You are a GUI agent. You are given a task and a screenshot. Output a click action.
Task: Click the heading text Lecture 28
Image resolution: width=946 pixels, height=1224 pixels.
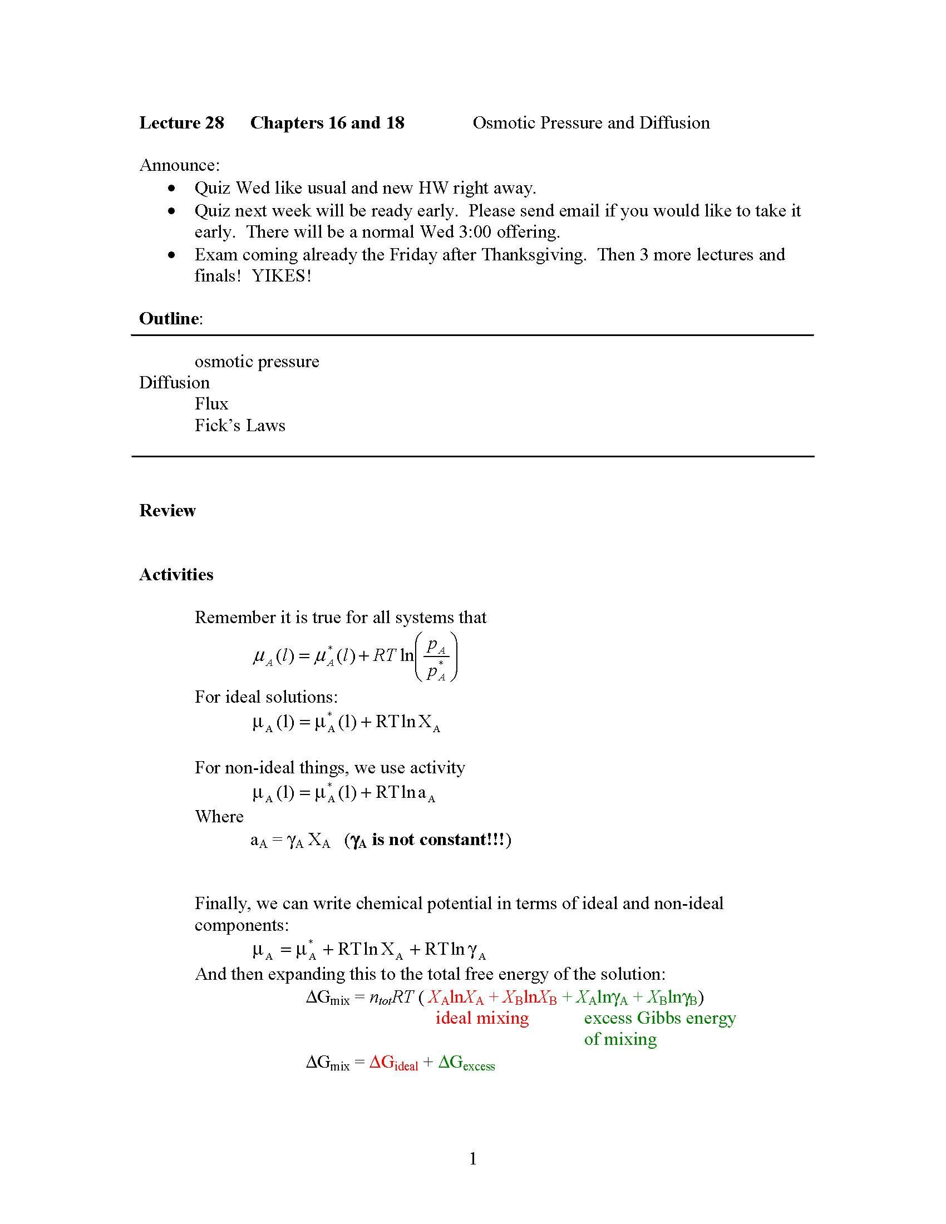click(181, 123)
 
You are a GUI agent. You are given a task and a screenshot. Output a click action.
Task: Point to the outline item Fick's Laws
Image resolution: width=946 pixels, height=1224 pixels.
click(240, 426)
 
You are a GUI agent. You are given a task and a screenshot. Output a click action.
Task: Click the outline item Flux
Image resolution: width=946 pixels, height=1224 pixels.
click(211, 404)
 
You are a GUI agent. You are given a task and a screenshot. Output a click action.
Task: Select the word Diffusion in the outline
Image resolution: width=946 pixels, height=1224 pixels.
click(174, 383)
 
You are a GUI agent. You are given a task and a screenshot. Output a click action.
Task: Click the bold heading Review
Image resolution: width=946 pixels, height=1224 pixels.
click(167, 511)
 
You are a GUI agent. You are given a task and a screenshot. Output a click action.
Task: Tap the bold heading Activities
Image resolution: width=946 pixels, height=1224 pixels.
click(176, 575)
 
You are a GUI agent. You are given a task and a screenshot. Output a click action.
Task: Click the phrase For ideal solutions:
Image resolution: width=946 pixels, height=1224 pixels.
click(266, 697)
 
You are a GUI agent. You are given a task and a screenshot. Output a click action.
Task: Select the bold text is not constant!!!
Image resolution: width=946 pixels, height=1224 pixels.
click(438, 840)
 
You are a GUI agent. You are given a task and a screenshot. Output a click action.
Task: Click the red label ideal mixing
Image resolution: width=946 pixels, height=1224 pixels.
click(482, 1018)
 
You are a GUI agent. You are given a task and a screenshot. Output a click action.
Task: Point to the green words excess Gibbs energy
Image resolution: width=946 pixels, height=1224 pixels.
click(659, 1018)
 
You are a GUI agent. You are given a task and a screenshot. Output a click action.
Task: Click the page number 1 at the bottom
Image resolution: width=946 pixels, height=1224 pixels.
click(473, 1158)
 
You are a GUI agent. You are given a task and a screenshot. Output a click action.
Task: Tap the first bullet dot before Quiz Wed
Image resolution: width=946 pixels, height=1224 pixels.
click(172, 188)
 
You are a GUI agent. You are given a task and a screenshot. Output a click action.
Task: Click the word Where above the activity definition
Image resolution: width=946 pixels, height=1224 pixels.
click(219, 817)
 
